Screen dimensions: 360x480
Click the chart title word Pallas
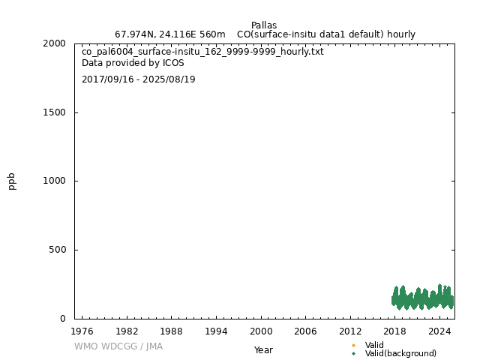(264, 25)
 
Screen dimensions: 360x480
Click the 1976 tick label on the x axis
(82, 331)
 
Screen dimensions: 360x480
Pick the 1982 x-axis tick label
(127, 331)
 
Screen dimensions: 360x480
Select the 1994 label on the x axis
(216, 331)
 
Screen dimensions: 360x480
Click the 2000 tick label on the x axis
(261, 331)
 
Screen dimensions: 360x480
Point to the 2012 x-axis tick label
(350, 331)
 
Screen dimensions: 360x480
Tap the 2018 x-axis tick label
(395, 331)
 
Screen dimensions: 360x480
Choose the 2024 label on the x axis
(439, 331)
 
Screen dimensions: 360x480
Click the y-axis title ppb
(12, 181)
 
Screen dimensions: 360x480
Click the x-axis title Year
(263, 350)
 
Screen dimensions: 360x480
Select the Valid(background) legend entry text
(400, 354)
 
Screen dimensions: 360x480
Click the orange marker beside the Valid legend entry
(353, 346)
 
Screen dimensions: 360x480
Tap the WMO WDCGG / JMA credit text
(118, 346)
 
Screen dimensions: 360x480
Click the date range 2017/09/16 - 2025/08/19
(139, 79)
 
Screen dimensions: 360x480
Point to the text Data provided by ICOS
(133, 64)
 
